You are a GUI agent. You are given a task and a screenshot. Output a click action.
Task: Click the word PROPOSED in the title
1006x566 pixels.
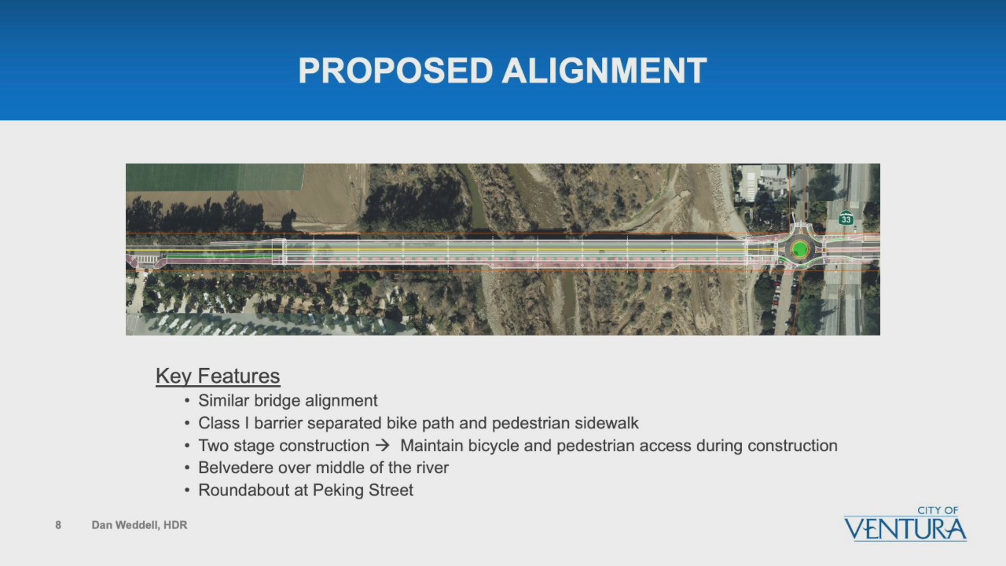click(x=395, y=71)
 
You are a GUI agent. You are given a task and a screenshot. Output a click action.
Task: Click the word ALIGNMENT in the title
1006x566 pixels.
click(x=604, y=71)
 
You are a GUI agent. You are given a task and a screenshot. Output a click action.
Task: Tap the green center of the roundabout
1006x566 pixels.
click(x=799, y=249)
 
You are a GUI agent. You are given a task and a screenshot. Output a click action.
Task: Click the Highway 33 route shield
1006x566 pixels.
click(x=846, y=218)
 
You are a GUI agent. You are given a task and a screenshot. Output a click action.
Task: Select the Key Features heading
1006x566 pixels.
click(x=218, y=376)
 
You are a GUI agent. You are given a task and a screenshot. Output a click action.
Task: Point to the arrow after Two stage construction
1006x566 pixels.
click(x=382, y=446)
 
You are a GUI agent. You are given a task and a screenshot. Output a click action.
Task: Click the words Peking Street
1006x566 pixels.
click(x=363, y=490)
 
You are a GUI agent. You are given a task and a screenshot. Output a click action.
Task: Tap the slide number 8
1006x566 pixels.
click(x=58, y=525)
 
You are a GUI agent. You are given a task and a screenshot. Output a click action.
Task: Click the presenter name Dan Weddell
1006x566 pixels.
click(x=124, y=525)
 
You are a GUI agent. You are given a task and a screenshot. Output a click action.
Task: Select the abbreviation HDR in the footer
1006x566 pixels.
click(x=175, y=525)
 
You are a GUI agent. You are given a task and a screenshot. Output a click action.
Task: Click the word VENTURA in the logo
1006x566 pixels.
click(x=905, y=529)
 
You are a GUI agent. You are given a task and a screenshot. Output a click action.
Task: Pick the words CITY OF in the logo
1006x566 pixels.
click(x=938, y=510)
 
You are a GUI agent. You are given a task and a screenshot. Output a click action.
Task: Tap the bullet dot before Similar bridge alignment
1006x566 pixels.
click(x=187, y=401)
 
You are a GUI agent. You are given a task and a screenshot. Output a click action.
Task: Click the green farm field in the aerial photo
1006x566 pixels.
click(x=215, y=177)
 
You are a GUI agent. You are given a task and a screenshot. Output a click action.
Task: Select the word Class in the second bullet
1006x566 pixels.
click(x=218, y=423)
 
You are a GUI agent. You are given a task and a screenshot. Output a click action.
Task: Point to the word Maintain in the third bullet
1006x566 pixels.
click(x=431, y=446)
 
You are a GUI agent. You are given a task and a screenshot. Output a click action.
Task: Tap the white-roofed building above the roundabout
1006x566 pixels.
click(x=762, y=182)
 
